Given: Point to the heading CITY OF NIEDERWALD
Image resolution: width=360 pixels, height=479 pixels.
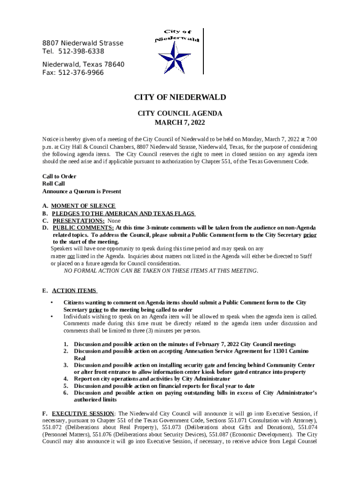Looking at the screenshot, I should [x=180, y=97].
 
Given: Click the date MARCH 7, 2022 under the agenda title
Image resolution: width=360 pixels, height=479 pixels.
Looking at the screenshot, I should [x=180, y=123].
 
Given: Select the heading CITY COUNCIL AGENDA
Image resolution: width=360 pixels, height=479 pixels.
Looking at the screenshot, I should [x=180, y=113].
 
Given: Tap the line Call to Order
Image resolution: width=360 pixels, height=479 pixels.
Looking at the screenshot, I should [x=59, y=176].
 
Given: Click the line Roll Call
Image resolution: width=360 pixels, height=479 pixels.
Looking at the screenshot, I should [x=53, y=184].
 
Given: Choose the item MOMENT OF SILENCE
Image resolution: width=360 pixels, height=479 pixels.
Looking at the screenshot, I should [x=83, y=206].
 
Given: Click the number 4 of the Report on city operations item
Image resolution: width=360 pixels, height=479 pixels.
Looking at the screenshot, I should [x=66, y=379].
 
